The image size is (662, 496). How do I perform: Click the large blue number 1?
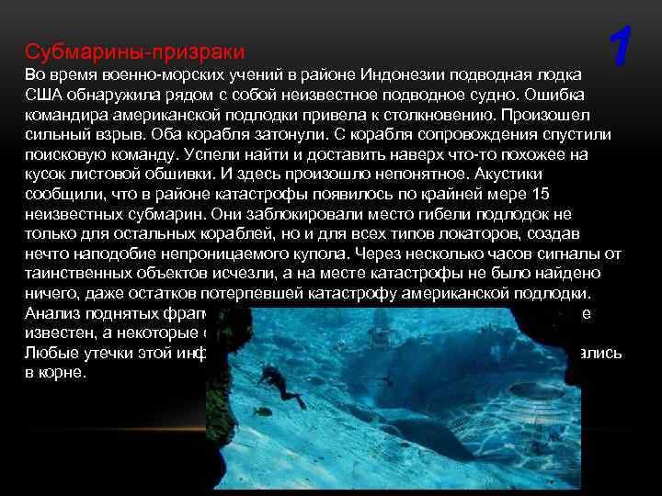tap(622, 48)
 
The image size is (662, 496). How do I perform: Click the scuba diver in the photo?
tap(285, 389)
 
